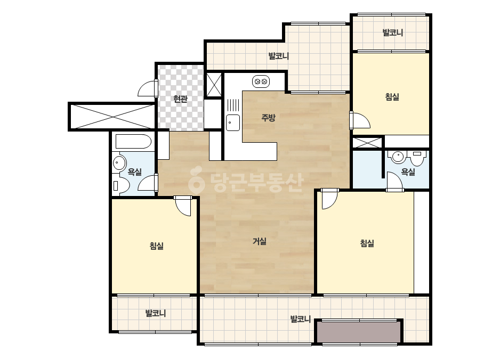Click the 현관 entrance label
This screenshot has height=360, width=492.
point(180,99)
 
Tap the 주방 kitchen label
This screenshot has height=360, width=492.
point(268,118)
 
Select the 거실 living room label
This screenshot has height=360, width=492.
point(260,241)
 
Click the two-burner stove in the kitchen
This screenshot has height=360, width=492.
point(261,81)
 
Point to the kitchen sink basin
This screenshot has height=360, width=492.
point(233,122)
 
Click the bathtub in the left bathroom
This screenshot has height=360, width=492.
point(134,142)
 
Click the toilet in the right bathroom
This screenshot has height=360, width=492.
point(417,159)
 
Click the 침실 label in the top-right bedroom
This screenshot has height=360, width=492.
point(392,97)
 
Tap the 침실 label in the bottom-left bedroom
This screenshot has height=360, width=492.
point(157,246)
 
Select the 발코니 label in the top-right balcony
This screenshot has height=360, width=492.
point(392,32)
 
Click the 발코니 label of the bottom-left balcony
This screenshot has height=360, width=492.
point(156,313)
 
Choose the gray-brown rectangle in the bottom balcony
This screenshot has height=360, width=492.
point(358,332)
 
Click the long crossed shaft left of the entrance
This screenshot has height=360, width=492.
point(112,116)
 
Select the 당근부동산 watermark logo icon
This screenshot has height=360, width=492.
point(196,179)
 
